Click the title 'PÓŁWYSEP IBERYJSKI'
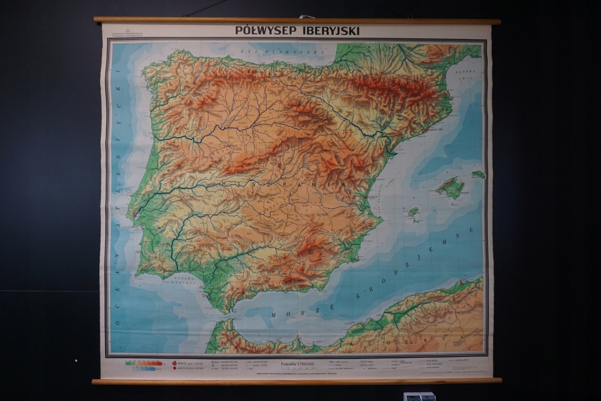(297, 30)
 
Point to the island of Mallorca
(450, 188)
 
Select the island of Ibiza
(414, 213)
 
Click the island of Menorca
(478, 175)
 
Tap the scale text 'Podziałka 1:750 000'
(298, 364)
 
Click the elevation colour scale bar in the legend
(144, 364)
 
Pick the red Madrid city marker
(281, 166)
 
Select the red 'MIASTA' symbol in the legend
(174, 363)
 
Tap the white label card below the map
(419, 396)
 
